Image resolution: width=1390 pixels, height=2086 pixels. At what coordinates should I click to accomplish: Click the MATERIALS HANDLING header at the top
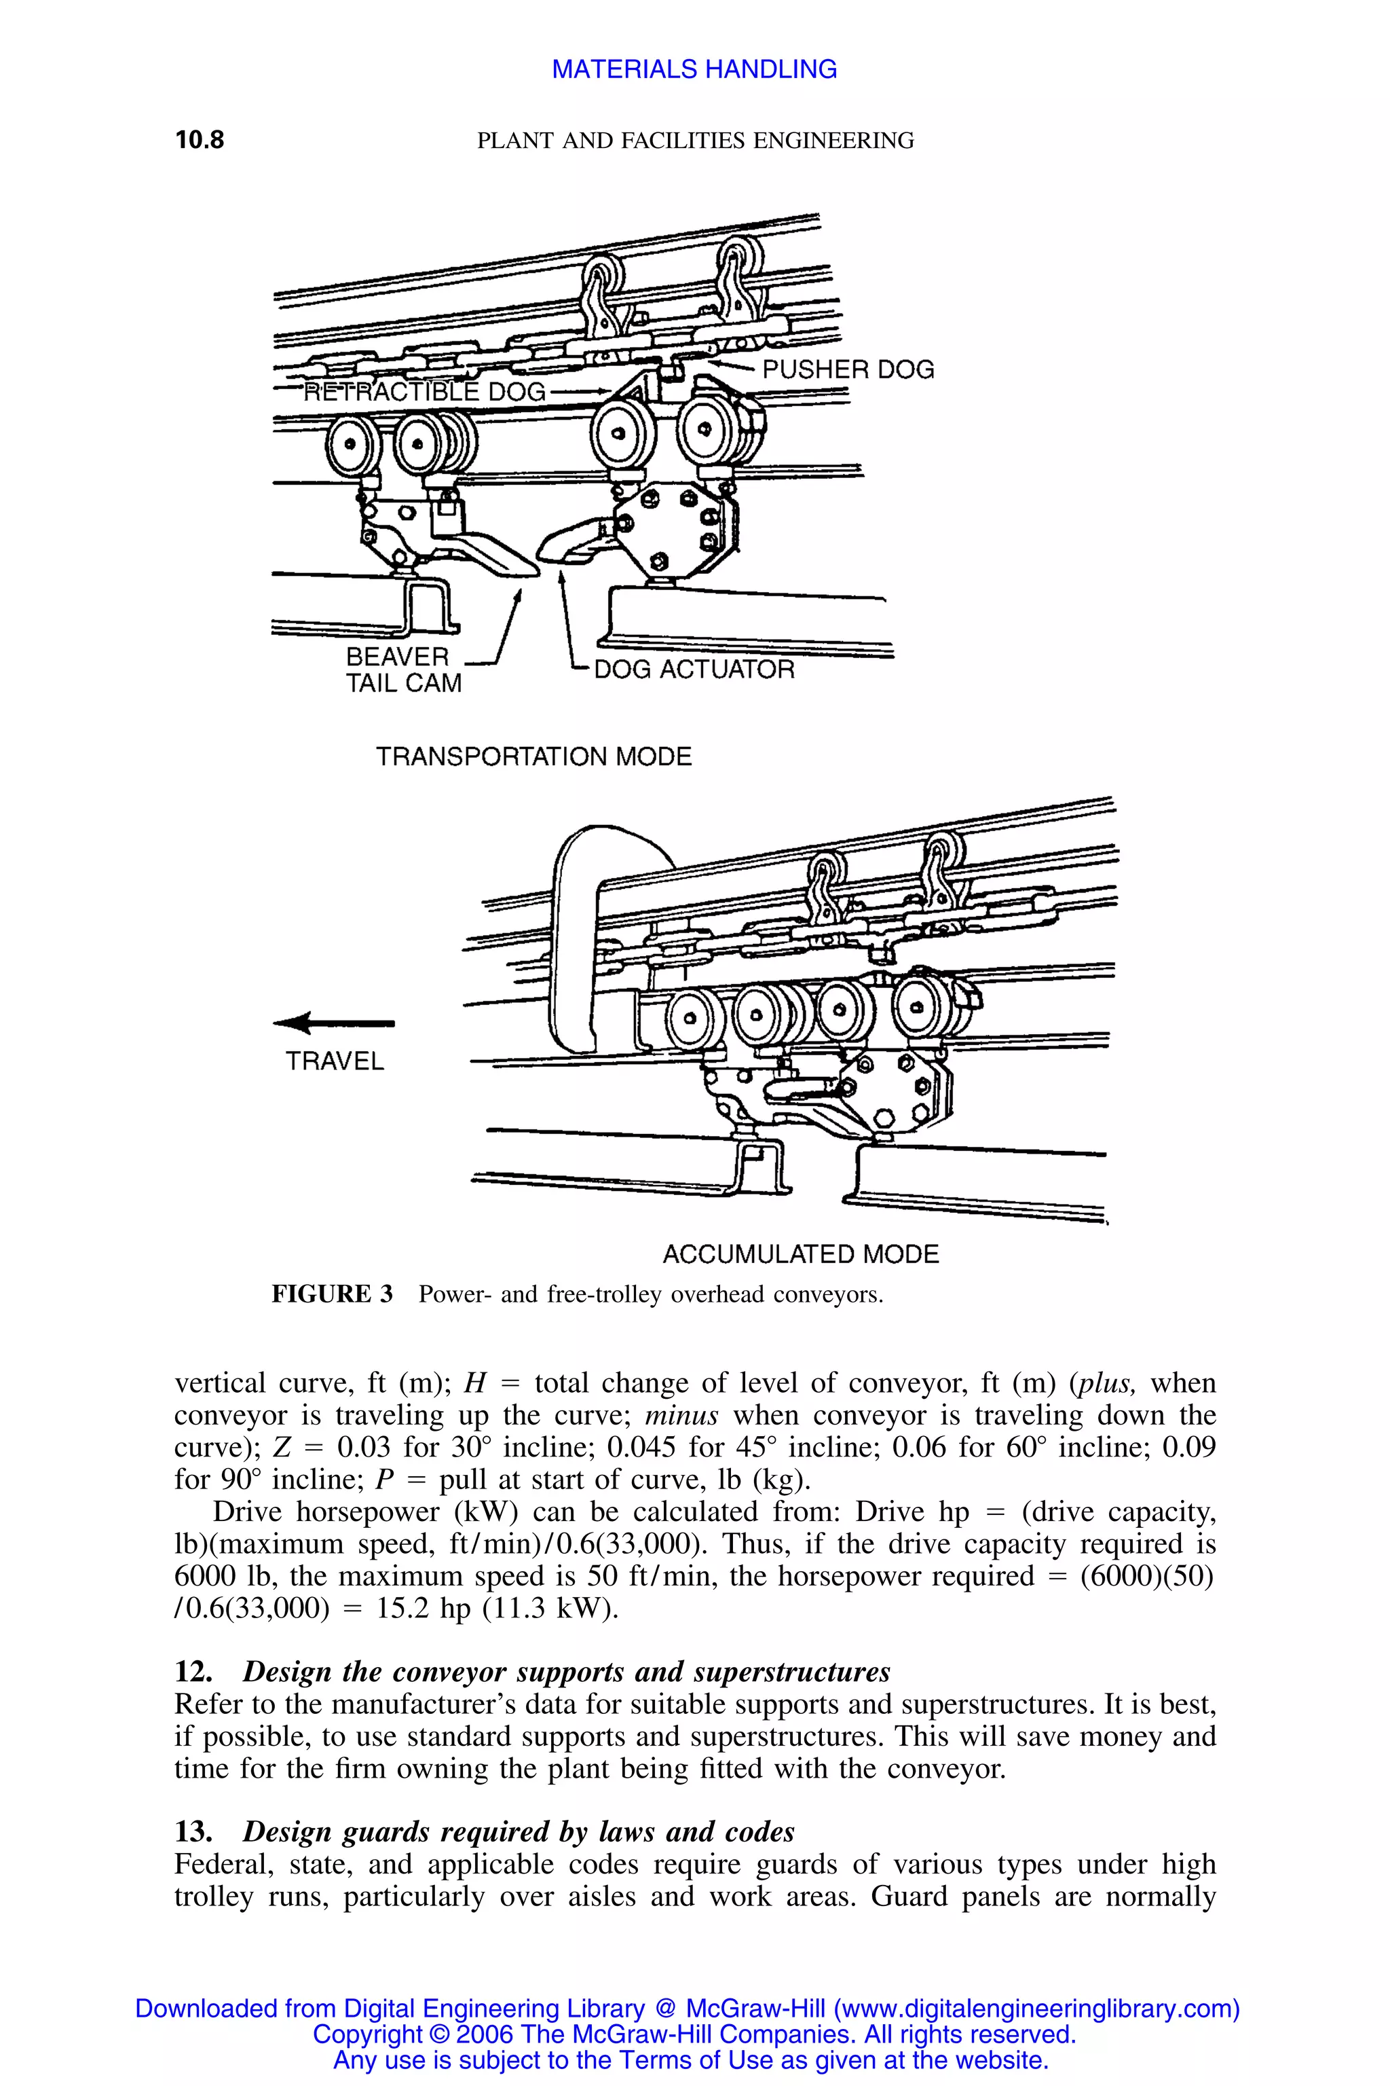pyautogui.click(x=694, y=69)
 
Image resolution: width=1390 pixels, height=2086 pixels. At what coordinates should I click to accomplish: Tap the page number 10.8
pyautogui.click(x=200, y=139)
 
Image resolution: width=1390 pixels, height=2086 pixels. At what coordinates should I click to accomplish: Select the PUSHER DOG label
pyautogui.click(x=848, y=370)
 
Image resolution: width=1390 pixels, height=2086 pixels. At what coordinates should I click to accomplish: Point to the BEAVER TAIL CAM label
pyautogui.click(x=403, y=670)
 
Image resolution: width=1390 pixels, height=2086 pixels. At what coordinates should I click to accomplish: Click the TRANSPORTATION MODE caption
pyautogui.click(x=533, y=756)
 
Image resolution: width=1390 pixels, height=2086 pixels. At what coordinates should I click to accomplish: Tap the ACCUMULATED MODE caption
pyautogui.click(x=800, y=1254)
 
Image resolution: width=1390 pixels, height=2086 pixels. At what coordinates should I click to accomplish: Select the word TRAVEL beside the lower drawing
pyautogui.click(x=334, y=1061)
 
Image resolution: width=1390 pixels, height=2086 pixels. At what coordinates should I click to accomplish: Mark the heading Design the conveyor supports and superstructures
pyautogui.click(x=565, y=1672)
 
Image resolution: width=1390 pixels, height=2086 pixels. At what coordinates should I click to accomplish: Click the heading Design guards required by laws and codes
pyautogui.click(x=518, y=1831)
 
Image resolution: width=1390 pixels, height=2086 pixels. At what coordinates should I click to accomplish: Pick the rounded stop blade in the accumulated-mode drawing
pyautogui.click(x=576, y=940)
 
